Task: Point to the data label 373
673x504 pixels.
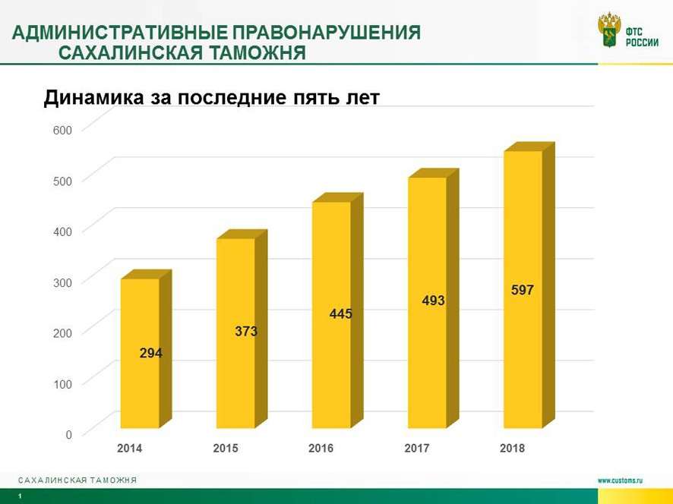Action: [246, 331]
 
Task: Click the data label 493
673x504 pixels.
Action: [433, 301]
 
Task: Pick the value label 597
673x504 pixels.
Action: [523, 290]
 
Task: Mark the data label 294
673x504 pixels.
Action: [150, 353]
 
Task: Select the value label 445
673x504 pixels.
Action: [341, 313]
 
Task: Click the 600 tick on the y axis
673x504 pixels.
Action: [62, 131]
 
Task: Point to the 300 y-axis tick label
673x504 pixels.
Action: [62, 283]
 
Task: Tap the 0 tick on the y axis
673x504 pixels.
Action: [68, 435]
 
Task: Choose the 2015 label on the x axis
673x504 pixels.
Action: [226, 449]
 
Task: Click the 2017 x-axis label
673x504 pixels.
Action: [417, 449]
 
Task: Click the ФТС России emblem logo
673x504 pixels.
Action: [609, 30]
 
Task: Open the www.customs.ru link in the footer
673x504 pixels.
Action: [620, 480]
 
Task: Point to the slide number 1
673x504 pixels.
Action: [21, 496]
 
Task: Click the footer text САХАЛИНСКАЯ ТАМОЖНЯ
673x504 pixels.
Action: [77, 480]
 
